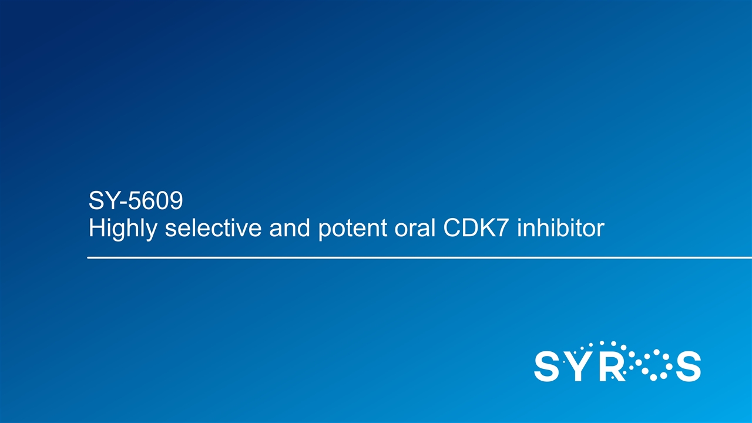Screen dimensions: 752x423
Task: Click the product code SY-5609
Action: click(x=136, y=201)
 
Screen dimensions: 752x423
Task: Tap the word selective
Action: click(x=213, y=228)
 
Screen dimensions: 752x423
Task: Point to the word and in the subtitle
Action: click(x=290, y=228)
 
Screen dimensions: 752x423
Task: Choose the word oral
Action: click(x=415, y=228)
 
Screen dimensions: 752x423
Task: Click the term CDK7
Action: click(x=474, y=228)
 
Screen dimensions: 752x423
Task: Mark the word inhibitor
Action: click(x=560, y=228)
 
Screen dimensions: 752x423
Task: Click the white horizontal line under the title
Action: click(x=419, y=258)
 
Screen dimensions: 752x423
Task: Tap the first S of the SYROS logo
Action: click(x=547, y=366)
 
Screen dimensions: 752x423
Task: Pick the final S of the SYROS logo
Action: click(x=688, y=366)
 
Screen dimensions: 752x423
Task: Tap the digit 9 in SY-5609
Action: click(x=176, y=201)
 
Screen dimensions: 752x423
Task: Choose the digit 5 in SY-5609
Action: click(x=135, y=201)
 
